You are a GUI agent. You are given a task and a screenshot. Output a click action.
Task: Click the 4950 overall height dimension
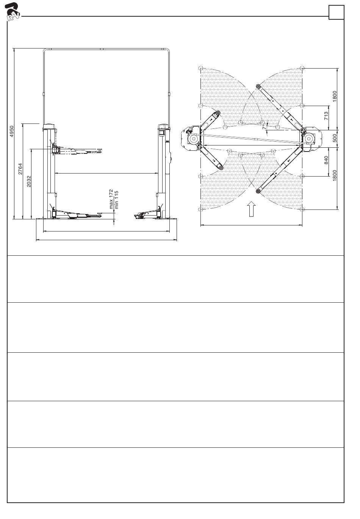(12, 131)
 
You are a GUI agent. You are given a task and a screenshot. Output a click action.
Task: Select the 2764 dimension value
(20, 169)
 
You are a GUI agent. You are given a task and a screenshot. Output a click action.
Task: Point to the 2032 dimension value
(28, 181)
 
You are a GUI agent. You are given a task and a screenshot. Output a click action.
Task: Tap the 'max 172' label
(111, 199)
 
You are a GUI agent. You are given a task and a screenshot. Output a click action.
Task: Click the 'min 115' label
(117, 200)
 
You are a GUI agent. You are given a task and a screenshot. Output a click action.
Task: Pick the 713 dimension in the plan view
(326, 116)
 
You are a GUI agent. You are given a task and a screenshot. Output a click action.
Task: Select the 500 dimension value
(334, 138)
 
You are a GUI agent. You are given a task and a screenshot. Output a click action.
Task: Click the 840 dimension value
(326, 160)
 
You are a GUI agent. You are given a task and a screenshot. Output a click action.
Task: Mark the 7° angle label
(264, 127)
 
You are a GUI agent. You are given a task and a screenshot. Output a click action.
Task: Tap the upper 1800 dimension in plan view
(334, 96)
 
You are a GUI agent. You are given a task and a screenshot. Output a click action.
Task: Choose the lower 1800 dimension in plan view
(334, 176)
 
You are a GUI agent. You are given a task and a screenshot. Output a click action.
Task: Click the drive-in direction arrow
(251, 209)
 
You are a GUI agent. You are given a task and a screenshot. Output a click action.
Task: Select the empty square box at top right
(336, 12)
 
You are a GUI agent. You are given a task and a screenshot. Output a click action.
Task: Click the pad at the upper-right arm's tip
(258, 86)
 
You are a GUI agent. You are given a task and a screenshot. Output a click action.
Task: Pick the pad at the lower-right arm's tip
(258, 191)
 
